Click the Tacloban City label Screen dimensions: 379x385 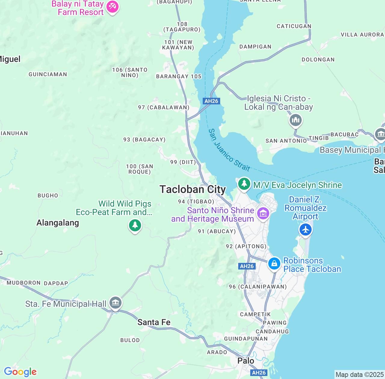click(x=192, y=189)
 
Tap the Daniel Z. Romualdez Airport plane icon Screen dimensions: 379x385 click(x=306, y=230)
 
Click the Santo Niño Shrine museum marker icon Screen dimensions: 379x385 click(x=263, y=214)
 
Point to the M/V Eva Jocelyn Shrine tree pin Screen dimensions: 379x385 click(x=244, y=183)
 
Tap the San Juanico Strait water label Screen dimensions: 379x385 click(x=229, y=150)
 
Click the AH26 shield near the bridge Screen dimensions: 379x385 click(x=211, y=101)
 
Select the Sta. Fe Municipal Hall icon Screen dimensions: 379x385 click(x=115, y=303)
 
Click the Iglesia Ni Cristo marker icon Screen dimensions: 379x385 click(x=296, y=121)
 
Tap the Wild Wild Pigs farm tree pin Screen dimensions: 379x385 click(x=135, y=225)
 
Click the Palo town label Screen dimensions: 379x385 click(x=246, y=361)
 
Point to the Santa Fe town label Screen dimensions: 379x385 click(x=154, y=322)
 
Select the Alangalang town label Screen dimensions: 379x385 click(x=58, y=223)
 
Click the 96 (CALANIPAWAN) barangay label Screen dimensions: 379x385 click(x=258, y=287)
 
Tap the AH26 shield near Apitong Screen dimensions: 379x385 click(x=247, y=266)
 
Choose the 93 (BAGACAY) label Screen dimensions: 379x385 click(x=144, y=140)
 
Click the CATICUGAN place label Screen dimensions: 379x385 click(x=294, y=26)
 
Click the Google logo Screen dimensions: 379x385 click(x=20, y=372)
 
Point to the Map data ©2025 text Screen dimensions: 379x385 click(x=359, y=375)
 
